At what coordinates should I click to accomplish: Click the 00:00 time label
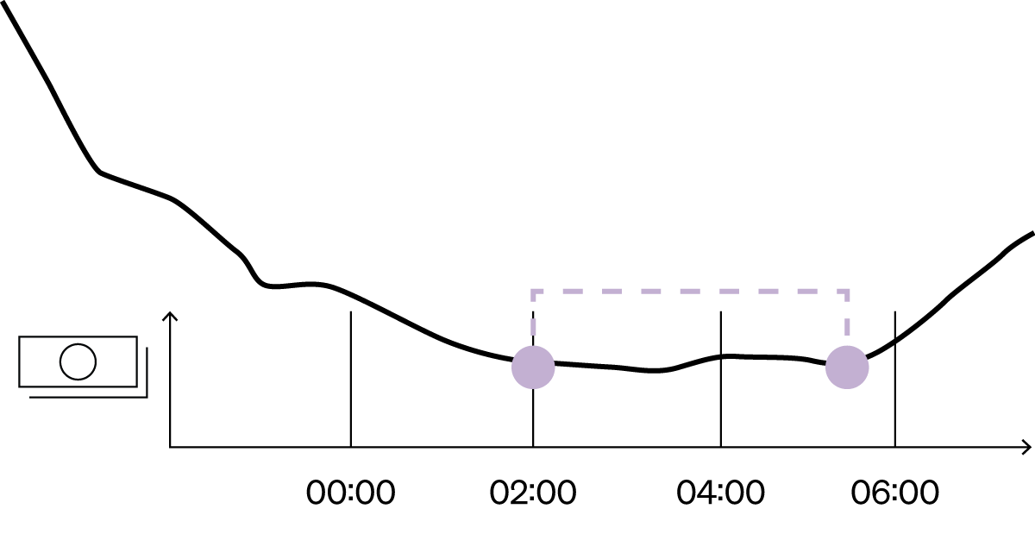coord(351,493)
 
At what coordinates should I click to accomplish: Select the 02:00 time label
coord(533,493)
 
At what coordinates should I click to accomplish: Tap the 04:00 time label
coord(720,493)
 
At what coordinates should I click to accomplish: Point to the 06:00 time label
coord(895,493)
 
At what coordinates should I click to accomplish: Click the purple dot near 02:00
coord(533,368)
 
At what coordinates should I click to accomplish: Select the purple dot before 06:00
coord(847,368)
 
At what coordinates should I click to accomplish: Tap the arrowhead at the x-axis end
coord(1026,447)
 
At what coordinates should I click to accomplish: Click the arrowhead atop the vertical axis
coord(170,316)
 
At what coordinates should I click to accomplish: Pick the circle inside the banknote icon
coord(78,361)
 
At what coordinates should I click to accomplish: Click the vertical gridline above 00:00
coord(351,379)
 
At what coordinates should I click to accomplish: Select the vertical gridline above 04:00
coord(721,379)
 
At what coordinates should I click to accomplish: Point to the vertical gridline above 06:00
coord(895,379)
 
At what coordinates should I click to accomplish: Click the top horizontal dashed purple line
coord(690,292)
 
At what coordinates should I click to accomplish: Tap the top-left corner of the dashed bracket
coord(533,292)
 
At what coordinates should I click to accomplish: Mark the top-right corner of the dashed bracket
coord(847,292)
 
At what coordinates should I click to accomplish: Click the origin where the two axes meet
coord(170,447)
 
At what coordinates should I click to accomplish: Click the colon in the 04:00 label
coord(721,493)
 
